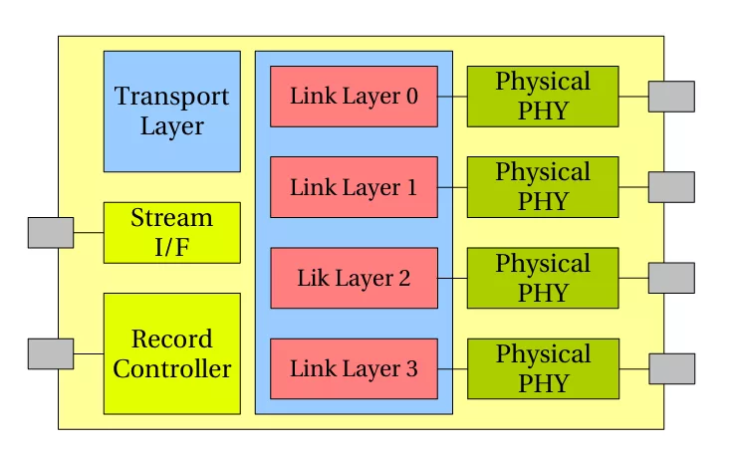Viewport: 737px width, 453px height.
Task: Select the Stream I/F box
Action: coord(171,232)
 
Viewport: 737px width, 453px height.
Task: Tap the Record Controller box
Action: coord(171,353)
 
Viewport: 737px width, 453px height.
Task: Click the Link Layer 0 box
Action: coord(354,97)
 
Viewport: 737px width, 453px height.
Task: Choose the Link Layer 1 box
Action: coord(354,187)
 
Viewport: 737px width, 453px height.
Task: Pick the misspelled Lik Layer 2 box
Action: coord(354,278)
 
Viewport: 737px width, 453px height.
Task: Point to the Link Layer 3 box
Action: coord(354,368)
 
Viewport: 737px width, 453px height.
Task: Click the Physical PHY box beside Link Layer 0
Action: coord(543,97)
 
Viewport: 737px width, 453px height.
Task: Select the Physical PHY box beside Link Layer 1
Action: coord(543,187)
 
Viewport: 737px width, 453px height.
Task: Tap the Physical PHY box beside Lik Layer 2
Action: coord(543,278)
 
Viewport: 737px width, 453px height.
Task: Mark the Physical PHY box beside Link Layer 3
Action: coord(543,368)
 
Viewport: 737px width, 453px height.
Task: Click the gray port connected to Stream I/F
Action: coord(50,232)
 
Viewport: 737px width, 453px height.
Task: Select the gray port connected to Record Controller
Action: coord(50,353)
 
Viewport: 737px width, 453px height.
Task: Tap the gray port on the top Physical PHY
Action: coord(671,97)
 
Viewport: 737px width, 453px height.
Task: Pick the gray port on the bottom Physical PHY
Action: coord(671,368)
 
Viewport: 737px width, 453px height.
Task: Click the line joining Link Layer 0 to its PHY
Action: coord(452,97)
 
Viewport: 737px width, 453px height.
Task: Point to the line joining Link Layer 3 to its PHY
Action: coord(452,368)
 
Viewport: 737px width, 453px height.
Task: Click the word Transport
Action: coord(171,98)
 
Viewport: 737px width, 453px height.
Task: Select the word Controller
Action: coord(171,369)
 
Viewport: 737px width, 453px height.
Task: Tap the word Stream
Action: coord(171,218)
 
